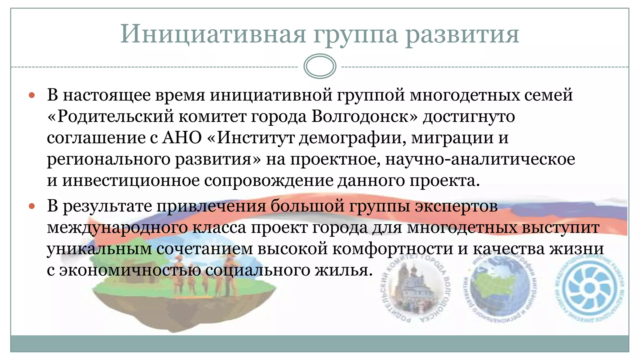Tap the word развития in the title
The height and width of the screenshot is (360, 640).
(462, 34)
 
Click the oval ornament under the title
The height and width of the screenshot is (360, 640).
(320, 66)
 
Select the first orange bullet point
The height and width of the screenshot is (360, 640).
(32, 95)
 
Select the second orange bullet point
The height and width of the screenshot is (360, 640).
(32, 206)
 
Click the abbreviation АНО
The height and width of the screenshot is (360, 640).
(182, 137)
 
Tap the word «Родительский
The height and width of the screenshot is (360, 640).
(111, 116)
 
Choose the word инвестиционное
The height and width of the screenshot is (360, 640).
(131, 180)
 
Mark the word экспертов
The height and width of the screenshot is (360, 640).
(456, 206)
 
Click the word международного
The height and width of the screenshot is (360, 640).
(117, 227)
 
